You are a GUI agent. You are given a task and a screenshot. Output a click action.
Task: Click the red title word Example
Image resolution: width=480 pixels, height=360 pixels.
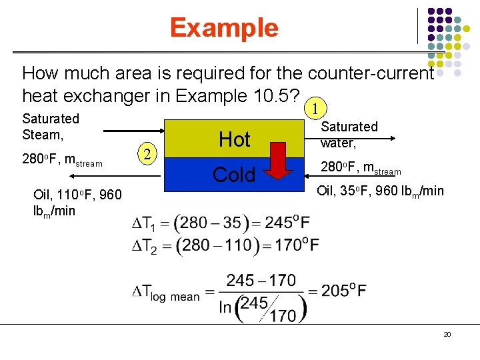223,28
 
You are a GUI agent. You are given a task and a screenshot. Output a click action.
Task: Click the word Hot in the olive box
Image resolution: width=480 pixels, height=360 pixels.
235,139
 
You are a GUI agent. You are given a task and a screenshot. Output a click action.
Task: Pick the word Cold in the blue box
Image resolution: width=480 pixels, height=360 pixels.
234,175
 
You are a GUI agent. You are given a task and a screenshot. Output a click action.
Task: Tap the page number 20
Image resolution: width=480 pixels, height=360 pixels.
447,334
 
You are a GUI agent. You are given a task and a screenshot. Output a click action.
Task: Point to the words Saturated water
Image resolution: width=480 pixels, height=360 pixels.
349,134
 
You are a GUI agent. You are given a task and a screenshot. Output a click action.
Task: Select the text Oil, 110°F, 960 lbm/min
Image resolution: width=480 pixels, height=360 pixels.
77,203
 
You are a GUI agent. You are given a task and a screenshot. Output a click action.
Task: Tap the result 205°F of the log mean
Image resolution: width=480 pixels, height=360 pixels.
342,291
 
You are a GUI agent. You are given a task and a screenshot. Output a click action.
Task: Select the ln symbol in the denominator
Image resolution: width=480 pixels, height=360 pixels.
226,307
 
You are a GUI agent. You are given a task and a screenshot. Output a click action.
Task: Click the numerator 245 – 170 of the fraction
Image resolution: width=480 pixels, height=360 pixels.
261,280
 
